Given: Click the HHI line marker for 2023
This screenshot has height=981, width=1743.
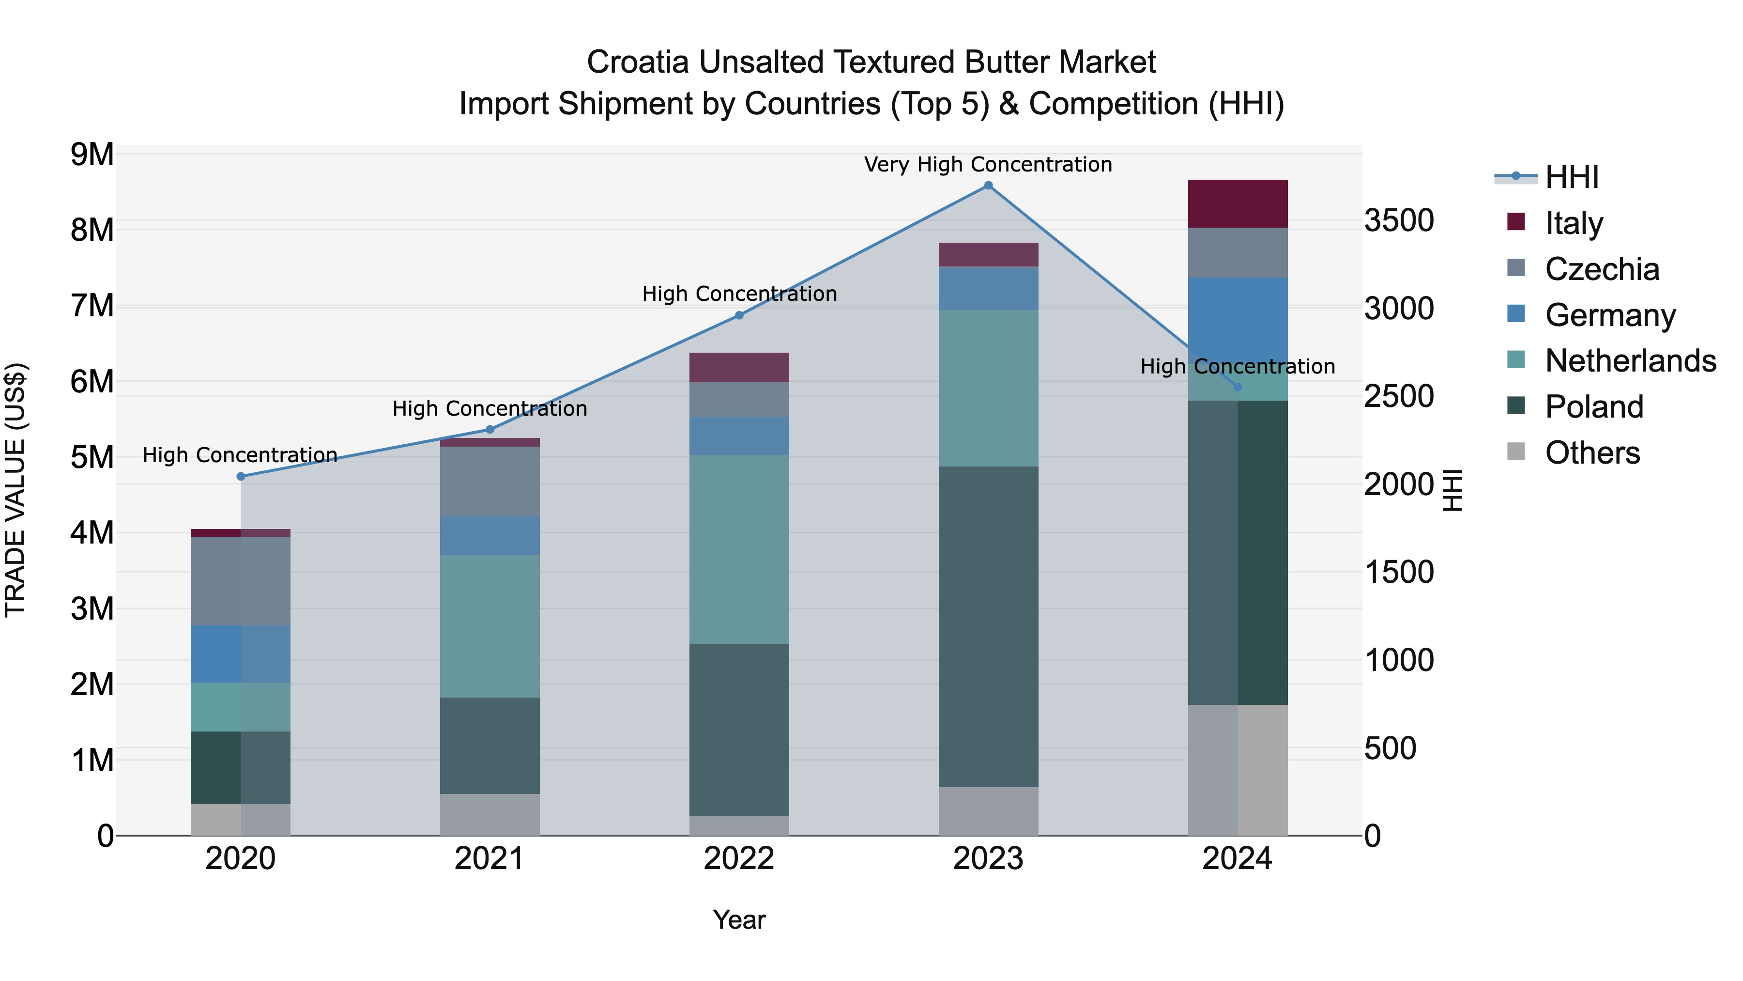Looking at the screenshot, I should (x=988, y=186).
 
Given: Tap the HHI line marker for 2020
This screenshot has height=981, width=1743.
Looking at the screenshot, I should (x=241, y=476).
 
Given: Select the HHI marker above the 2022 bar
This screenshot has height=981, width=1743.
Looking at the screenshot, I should (x=739, y=315).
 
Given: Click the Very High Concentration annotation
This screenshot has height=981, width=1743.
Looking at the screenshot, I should (x=988, y=165).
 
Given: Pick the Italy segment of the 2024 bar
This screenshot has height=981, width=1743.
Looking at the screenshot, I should (x=1238, y=204).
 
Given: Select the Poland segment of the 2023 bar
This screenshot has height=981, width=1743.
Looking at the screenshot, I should (x=988, y=626).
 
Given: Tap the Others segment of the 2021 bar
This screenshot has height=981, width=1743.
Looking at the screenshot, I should (x=490, y=814).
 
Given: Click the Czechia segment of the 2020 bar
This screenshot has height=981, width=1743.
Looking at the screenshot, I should (x=241, y=581).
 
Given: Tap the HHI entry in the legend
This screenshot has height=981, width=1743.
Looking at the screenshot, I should (x=1571, y=177).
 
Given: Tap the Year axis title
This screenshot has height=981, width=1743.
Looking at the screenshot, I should (x=739, y=920).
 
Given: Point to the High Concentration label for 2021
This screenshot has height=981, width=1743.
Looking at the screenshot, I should (x=490, y=409).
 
